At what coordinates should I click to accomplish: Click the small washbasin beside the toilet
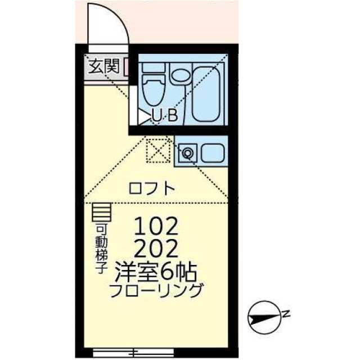(x=181, y=75)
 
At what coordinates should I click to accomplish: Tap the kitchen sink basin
(x=212, y=152)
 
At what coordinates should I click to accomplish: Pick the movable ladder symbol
(x=102, y=212)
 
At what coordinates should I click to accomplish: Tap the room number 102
(x=156, y=227)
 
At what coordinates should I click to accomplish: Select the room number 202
(x=156, y=247)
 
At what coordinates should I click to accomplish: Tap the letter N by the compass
(x=286, y=313)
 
